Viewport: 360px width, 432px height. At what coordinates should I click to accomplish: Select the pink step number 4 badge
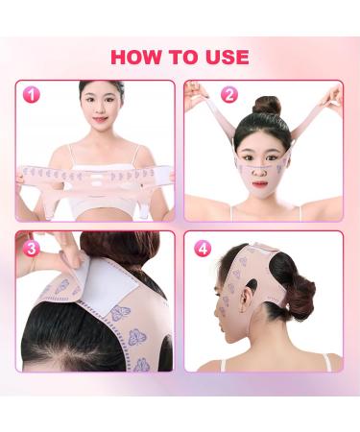point(203,248)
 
